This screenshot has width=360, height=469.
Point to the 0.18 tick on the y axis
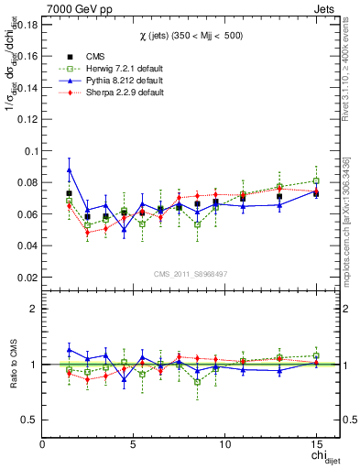26,24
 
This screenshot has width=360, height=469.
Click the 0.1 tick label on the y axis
29,150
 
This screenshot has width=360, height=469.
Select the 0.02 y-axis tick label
26,277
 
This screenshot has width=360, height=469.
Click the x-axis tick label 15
315,443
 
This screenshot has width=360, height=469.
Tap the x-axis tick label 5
134,443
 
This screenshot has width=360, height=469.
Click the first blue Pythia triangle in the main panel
69,169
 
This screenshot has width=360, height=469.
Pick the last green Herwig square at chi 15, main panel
316,180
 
